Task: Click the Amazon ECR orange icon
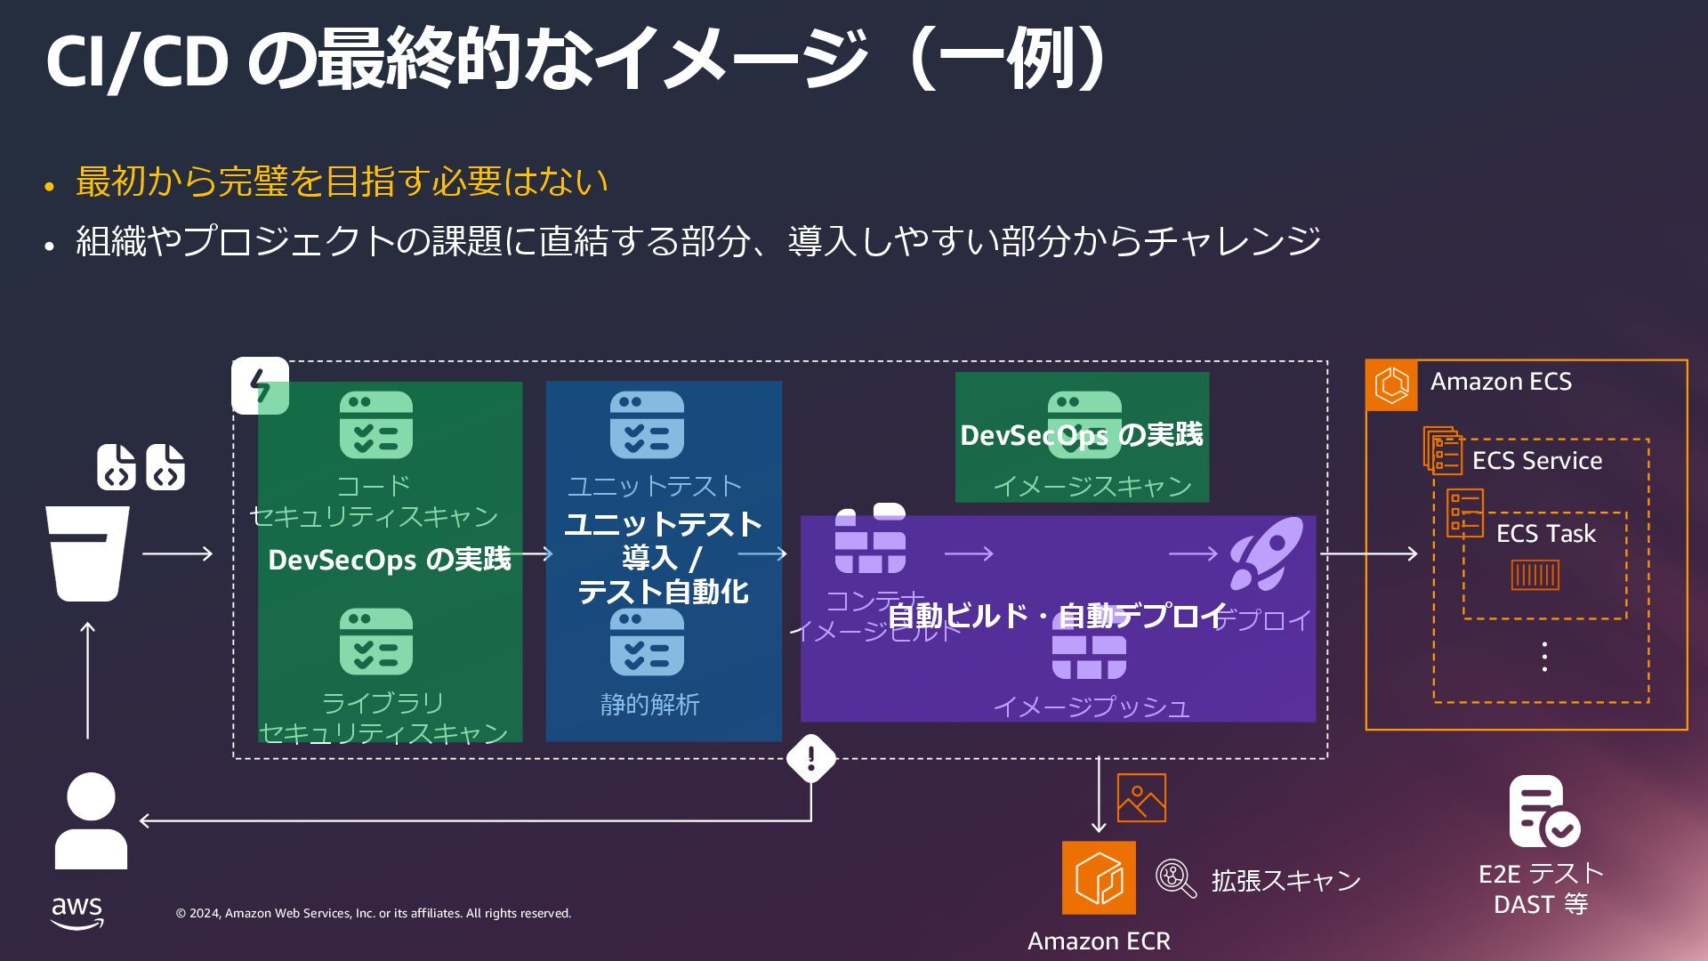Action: pos(1099,877)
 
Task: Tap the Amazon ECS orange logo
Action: pos(1392,385)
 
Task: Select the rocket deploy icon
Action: pos(1266,554)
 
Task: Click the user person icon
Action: pos(91,820)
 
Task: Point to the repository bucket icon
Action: pos(88,553)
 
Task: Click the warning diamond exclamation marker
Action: pos(811,758)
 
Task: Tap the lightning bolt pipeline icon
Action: pos(260,385)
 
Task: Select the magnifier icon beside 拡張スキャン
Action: pos(1175,878)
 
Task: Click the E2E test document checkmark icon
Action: pos(1543,812)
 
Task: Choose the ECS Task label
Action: pos(1545,534)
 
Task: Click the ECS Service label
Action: pos(1536,461)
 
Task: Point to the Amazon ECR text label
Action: pos(1099,941)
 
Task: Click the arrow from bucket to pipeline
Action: pos(178,553)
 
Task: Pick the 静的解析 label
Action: pos(649,705)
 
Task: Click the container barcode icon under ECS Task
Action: pos(1535,575)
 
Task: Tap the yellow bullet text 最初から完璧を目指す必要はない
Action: pos(342,182)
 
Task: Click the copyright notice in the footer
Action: pos(374,913)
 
